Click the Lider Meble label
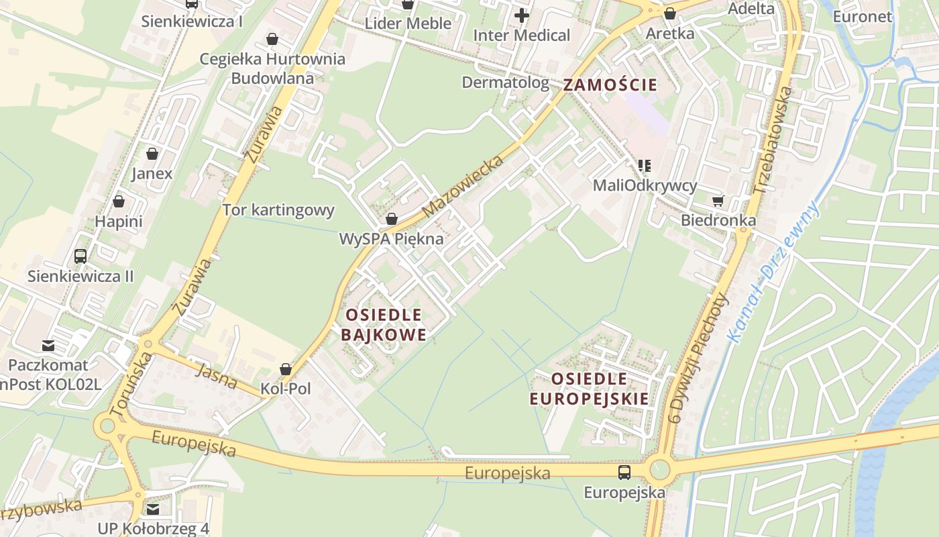coord(408,23)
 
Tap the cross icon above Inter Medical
coord(522,15)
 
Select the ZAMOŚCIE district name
coord(610,85)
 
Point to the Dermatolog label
coord(506,83)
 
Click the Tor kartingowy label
coord(278,210)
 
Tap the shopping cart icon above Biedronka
coord(718,201)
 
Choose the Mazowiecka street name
coord(463,187)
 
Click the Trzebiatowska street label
coord(773,141)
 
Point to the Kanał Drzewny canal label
coord(775,272)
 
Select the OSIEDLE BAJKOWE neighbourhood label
coord(383,325)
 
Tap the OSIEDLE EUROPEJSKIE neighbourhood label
coord(590,389)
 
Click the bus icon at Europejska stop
coord(624,473)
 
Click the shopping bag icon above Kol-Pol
coord(286,369)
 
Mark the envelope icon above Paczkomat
coord(48,346)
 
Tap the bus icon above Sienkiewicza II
coord(80,256)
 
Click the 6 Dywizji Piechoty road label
coord(698,358)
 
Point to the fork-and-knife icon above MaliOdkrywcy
coord(645,165)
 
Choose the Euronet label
coord(863,17)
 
